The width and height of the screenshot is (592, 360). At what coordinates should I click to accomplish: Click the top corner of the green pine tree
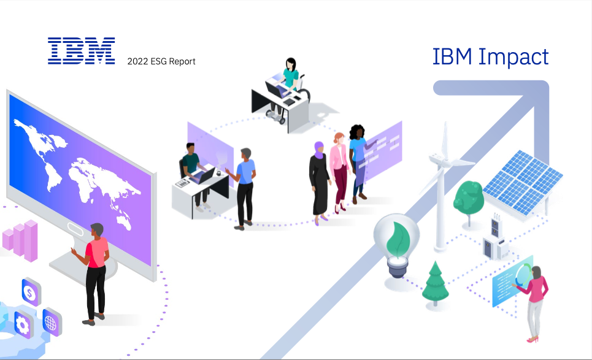tap(436, 261)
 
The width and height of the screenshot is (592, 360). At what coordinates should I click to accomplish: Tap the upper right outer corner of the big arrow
tap(548, 81)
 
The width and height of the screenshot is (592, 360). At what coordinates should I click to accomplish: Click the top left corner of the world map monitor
tap(7, 90)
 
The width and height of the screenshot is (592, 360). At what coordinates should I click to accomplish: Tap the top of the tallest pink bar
tap(31, 221)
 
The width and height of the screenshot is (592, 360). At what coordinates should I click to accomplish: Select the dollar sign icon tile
tap(31, 292)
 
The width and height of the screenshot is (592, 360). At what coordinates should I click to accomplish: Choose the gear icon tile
tap(23, 324)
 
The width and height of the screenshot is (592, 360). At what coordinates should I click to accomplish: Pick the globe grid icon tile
tap(52, 322)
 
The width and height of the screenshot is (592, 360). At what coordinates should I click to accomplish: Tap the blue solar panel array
tap(523, 182)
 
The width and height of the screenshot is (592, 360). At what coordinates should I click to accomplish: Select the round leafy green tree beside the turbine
tap(469, 198)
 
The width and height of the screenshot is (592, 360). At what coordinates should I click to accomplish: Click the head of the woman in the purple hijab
tap(319, 150)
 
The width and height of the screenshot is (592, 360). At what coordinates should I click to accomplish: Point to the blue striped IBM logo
tap(81, 50)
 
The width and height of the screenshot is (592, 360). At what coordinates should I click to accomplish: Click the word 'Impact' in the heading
tap(513, 57)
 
